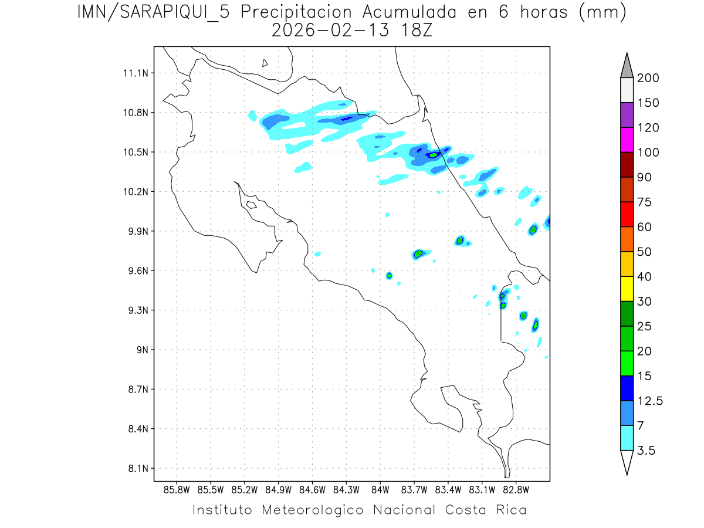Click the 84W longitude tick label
coord(380,489)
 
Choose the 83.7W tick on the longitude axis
coord(414,489)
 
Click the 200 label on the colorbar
coord(648,78)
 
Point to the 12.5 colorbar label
coord(650,401)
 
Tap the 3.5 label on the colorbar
coord(646,451)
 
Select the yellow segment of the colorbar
coord(627,289)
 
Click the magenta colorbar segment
coord(627,140)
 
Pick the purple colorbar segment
coord(627,115)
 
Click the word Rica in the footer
coord(510,510)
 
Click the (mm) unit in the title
coord(603,12)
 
